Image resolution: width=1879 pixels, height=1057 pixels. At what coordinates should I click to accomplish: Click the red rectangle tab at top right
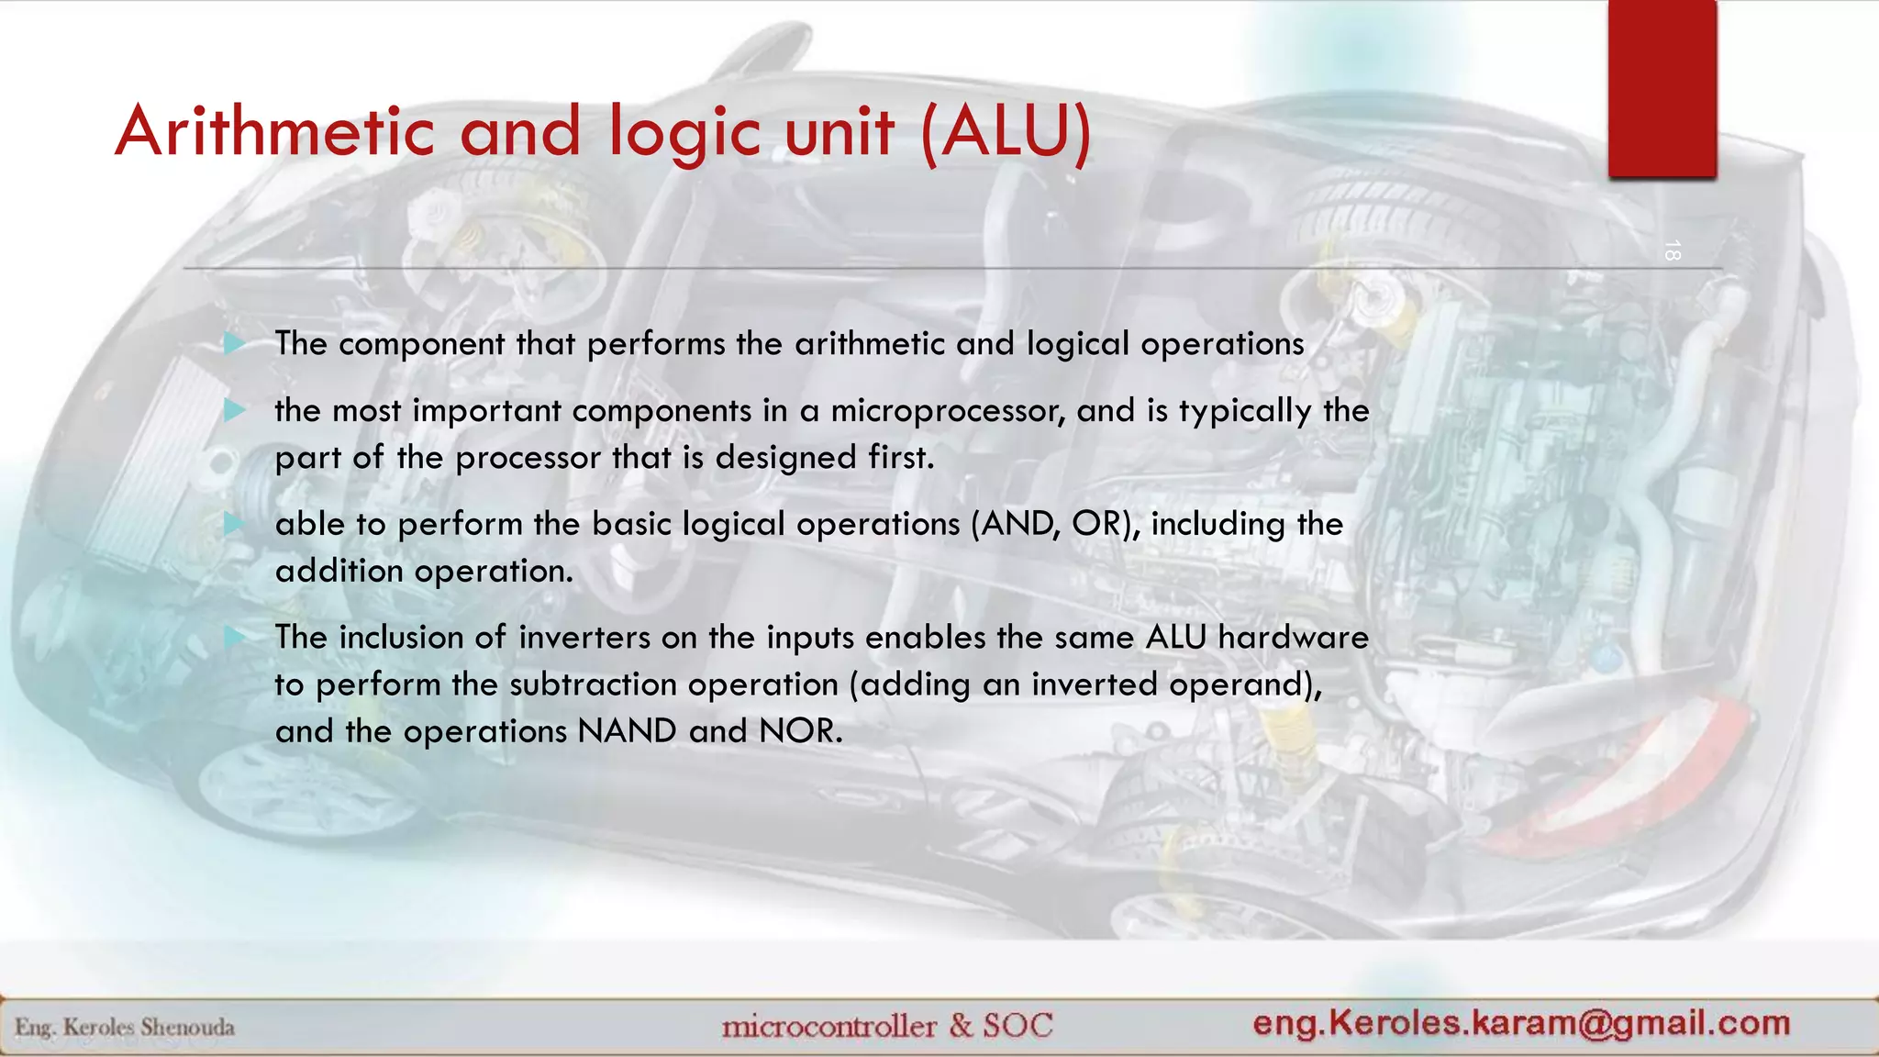[x=1662, y=89]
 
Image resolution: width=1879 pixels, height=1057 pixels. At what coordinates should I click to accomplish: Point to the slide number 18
[x=1672, y=250]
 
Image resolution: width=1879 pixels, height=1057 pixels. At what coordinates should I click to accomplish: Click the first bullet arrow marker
[x=235, y=344]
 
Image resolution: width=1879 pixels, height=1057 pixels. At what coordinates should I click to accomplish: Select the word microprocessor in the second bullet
[x=948, y=410]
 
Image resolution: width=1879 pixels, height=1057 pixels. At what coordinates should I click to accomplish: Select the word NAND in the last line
[x=627, y=731]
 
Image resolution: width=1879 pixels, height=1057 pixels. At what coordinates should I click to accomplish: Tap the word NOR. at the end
[x=800, y=731]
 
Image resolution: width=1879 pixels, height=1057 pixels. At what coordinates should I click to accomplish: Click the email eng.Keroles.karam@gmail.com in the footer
[x=1521, y=1023]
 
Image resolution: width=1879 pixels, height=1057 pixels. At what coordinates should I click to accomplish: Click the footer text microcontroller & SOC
[x=887, y=1025]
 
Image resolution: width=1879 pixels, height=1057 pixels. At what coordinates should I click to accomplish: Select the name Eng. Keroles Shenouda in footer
[x=125, y=1027]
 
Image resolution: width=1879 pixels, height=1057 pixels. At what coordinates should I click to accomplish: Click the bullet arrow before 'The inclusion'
[x=235, y=636]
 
